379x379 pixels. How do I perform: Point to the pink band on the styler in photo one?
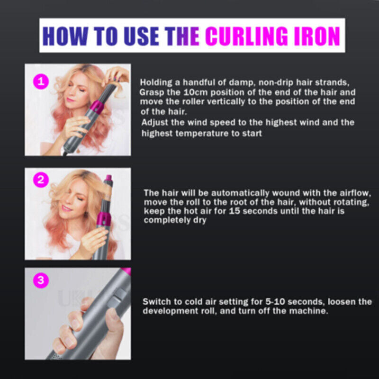point(92,112)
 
